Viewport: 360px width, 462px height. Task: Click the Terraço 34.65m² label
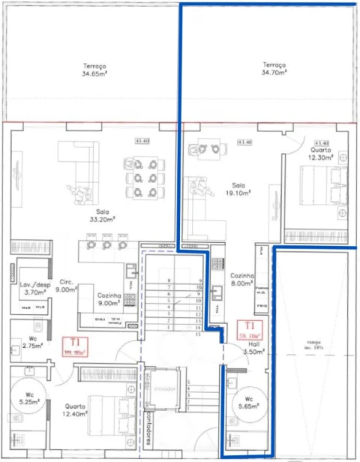(95, 70)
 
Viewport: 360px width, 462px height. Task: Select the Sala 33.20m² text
(100, 216)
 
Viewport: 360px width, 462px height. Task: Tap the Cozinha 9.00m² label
(109, 299)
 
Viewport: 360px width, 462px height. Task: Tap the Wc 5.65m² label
(245, 403)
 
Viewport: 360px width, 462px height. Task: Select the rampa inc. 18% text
(313, 348)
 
